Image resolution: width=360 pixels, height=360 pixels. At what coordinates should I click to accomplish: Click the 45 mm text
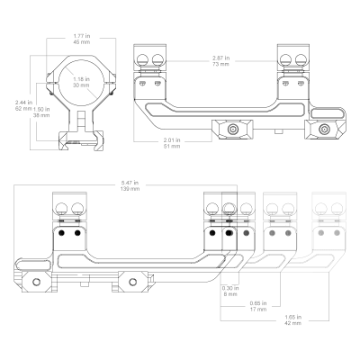click(x=82, y=42)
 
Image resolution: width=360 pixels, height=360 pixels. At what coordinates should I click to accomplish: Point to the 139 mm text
click(x=130, y=189)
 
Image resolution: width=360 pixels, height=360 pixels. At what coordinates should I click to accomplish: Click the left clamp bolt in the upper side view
click(x=233, y=130)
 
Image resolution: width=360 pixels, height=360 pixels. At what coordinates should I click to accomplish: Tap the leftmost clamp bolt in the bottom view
click(x=37, y=282)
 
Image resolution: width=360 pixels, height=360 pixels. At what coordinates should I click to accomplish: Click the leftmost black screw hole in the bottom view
click(x=62, y=233)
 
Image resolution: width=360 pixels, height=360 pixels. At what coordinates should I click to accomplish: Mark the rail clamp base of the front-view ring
click(x=81, y=140)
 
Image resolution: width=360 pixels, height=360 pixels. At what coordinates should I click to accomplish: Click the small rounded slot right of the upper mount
click(x=328, y=113)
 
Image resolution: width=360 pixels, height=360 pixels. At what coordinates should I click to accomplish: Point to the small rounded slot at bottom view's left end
click(x=33, y=265)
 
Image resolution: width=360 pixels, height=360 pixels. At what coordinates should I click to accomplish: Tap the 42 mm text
click(x=292, y=323)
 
